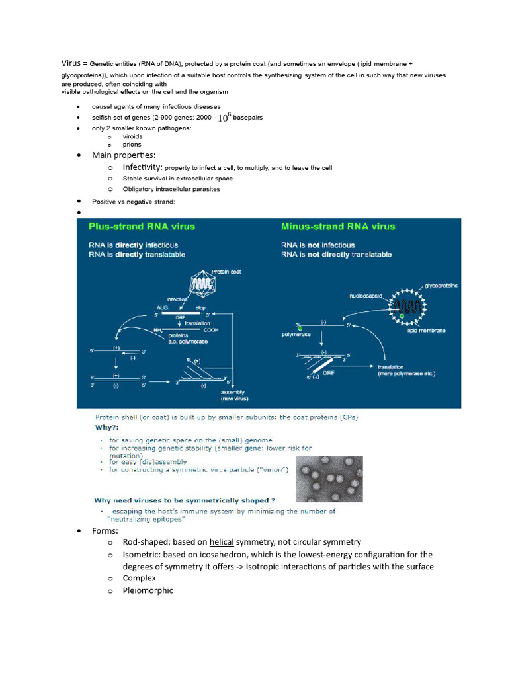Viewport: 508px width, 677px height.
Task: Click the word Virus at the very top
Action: [x=71, y=63]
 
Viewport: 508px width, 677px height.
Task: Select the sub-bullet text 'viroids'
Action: [x=132, y=136]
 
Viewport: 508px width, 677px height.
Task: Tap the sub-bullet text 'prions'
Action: [x=132, y=145]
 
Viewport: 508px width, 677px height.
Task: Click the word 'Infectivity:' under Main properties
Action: [x=142, y=167]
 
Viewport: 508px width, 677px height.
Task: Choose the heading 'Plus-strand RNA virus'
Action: [x=142, y=226]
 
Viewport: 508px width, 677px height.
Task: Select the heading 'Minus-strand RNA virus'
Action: [x=337, y=226]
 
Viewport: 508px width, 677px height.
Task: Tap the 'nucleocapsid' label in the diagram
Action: [x=366, y=296]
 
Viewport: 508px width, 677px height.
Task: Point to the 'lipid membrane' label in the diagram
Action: [x=426, y=330]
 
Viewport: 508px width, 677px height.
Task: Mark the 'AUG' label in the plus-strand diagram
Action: [x=162, y=308]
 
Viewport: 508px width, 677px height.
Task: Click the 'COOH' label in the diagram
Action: [x=211, y=329]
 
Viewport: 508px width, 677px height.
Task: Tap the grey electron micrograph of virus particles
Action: [x=329, y=479]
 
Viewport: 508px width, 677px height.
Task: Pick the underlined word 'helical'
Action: [x=222, y=542]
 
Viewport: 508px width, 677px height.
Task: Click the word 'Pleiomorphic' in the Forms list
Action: [x=148, y=590]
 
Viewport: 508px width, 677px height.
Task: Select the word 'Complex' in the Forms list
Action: [x=139, y=578]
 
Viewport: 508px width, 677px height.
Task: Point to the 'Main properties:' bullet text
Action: [x=124, y=155]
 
